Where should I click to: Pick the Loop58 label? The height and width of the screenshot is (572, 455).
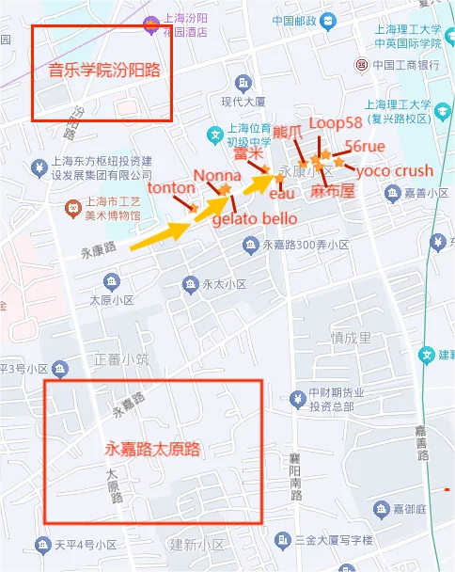pos(335,123)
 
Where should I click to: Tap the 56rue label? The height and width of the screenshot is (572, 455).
pos(366,146)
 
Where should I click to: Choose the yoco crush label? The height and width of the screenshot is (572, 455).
pos(395,171)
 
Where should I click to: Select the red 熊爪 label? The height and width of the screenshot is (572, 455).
pos(288,130)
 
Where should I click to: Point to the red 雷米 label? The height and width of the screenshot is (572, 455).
pos(246,152)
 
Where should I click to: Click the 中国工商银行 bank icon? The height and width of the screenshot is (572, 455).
pos(361,65)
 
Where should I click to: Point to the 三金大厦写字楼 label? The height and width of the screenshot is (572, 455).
pos(334,540)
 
